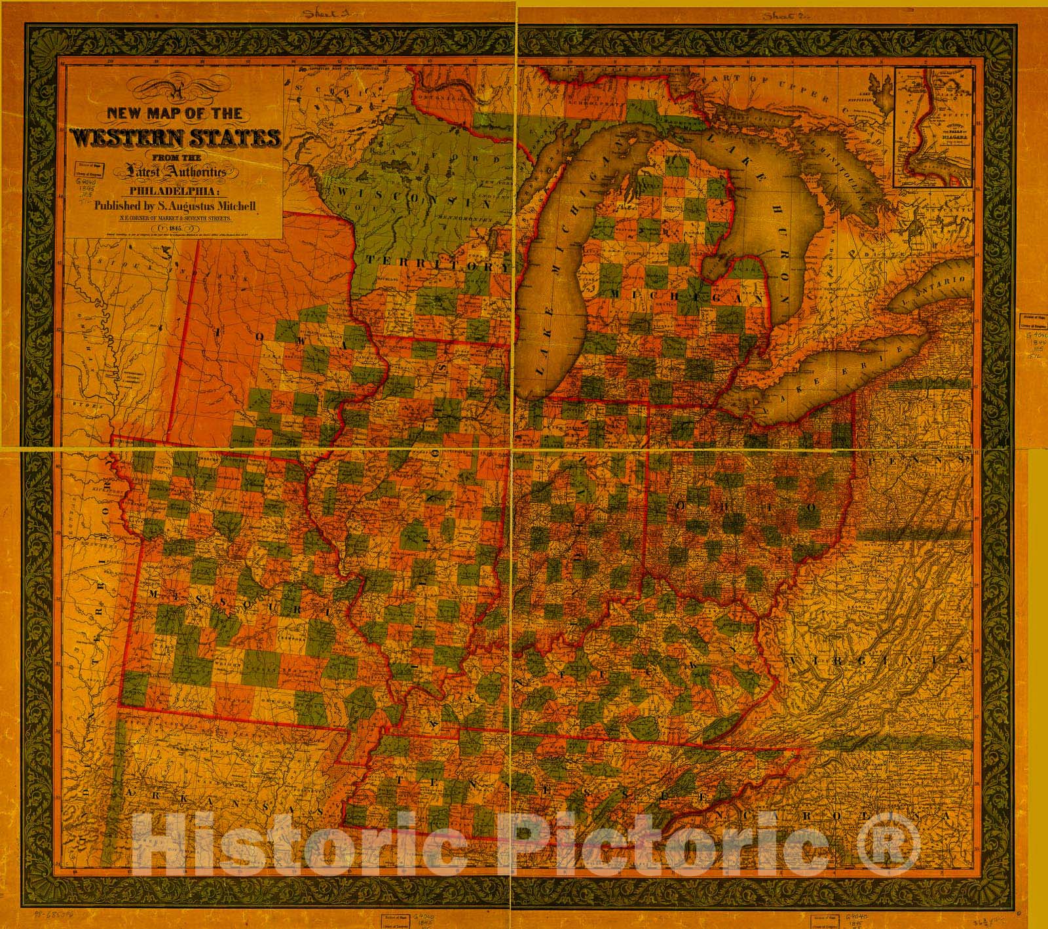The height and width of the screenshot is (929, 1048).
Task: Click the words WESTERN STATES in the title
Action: pyautogui.click(x=177, y=139)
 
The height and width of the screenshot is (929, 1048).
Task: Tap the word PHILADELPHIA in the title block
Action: pyautogui.click(x=176, y=192)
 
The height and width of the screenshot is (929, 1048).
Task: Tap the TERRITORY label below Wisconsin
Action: pyautogui.click(x=437, y=263)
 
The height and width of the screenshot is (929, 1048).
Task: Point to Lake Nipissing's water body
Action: pyautogui.click(x=872, y=86)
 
